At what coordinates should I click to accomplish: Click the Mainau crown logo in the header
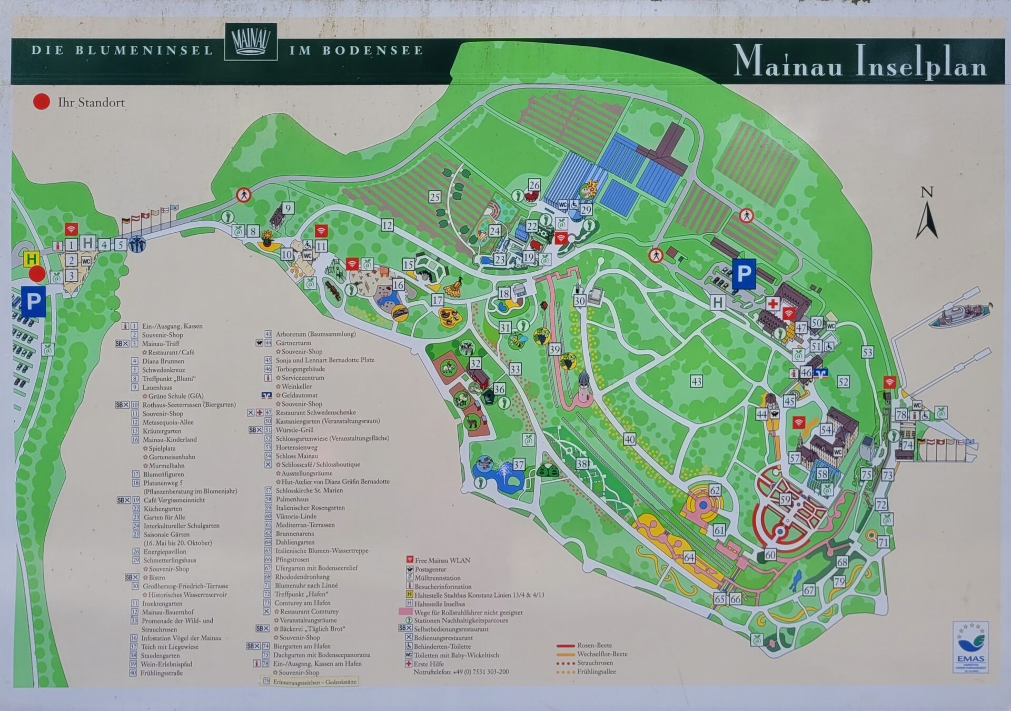(x=251, y=42)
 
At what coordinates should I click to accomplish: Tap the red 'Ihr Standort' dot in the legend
(x=42, y=102)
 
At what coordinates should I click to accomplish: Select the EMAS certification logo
(x=970, y=647)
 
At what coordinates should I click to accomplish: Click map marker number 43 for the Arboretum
(x=697, y=381)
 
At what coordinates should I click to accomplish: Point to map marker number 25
(x=434, y=197)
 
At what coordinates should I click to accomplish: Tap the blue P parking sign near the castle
(x=744, y=274)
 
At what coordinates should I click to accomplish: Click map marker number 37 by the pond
(x=519, y=465)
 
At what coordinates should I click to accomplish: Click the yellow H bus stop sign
(x=32, y=259)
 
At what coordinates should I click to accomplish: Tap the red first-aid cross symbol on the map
(x=772, y=304)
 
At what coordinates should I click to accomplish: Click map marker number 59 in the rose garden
(x=785, y=499)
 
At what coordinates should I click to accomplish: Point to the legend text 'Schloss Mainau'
(x=296, y=456)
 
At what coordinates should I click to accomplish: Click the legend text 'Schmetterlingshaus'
(x=170, y=560)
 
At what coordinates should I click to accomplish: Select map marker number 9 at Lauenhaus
(x=288, y=208)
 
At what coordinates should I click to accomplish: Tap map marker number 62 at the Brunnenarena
(x=715, y=490)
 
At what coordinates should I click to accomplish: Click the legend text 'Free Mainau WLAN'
(x=442, y=560)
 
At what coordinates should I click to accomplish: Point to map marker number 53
(x=867, y=352)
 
